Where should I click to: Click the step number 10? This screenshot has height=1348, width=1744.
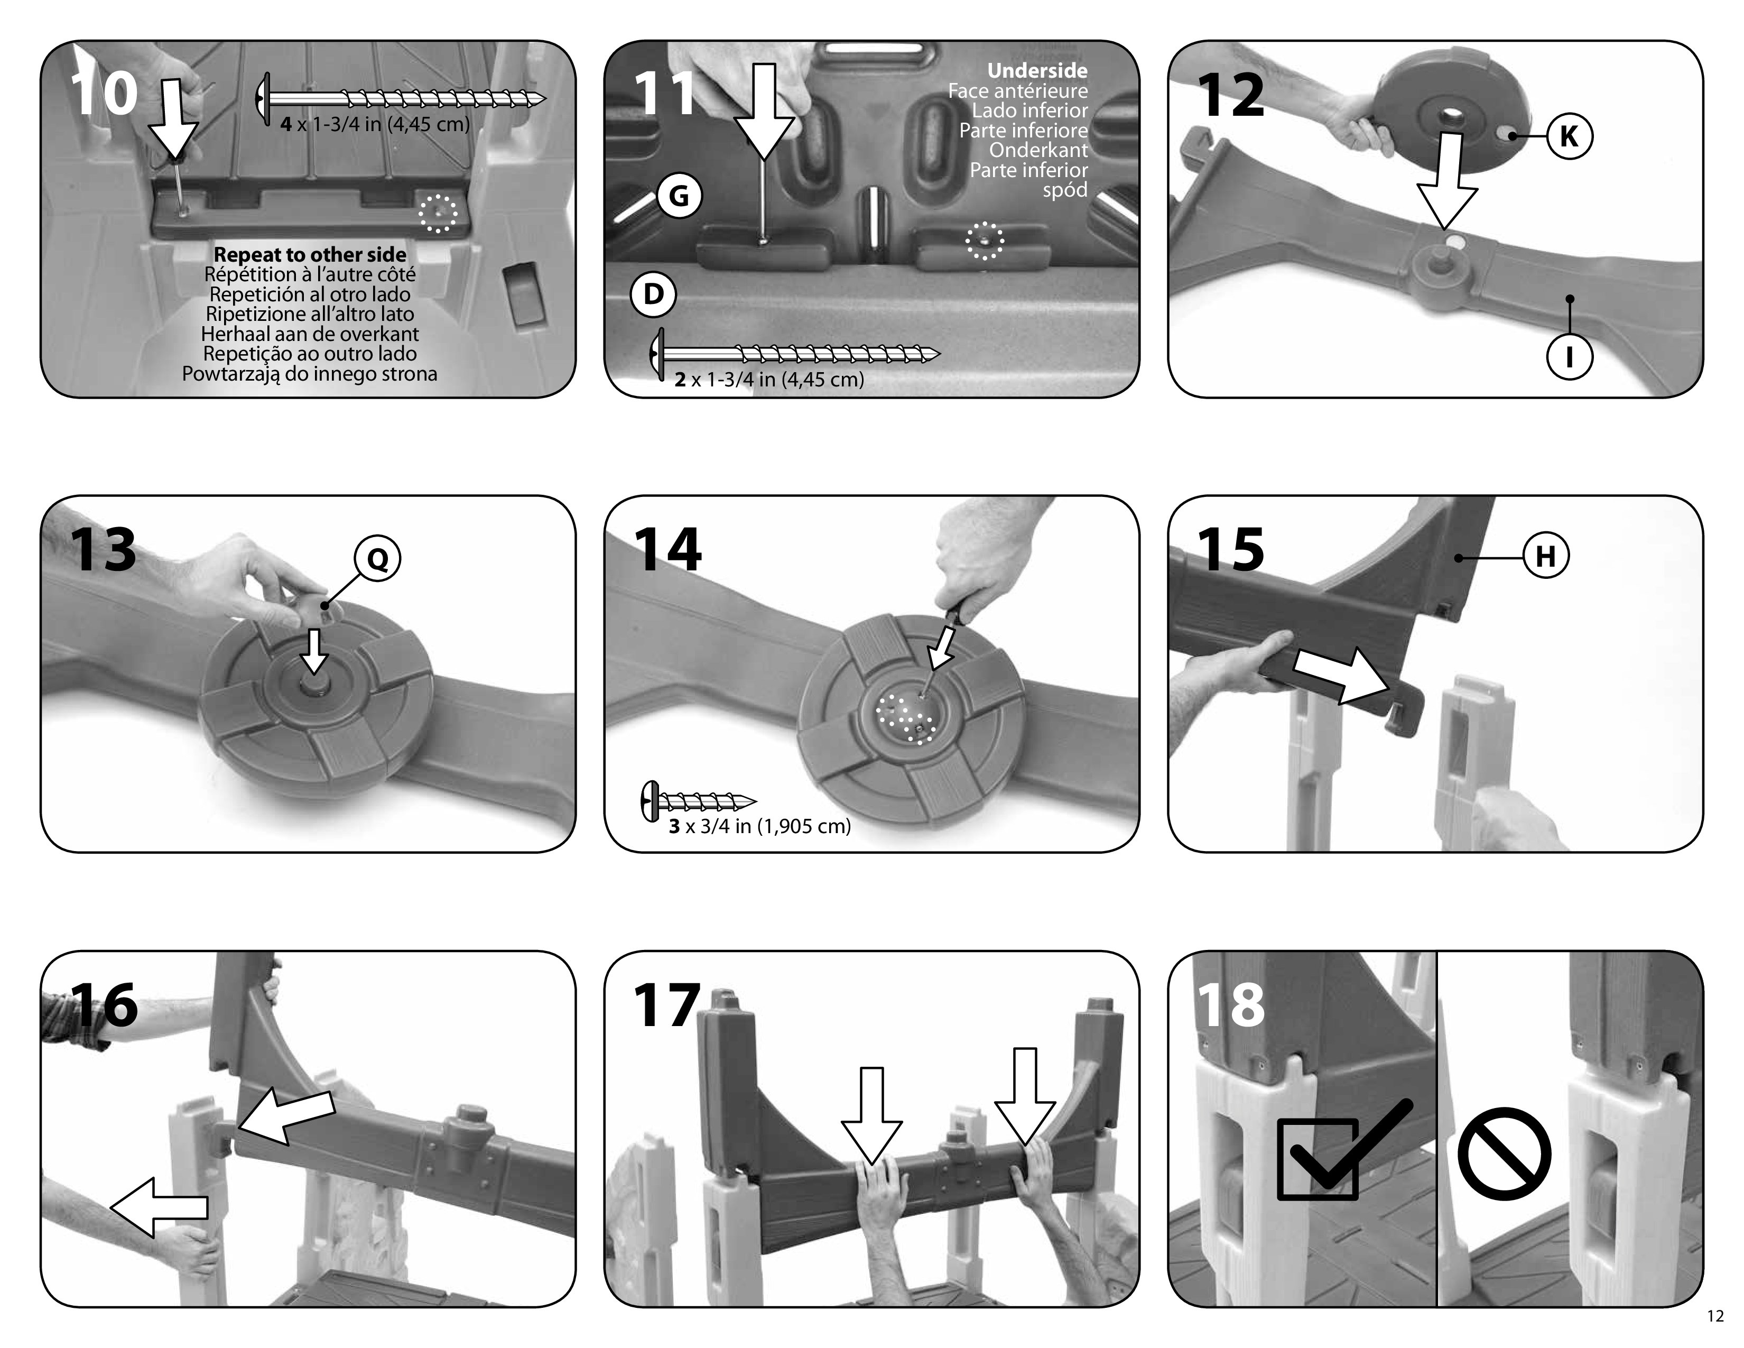tap(104, 94)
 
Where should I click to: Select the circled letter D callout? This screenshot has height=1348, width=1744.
tap(653, 294)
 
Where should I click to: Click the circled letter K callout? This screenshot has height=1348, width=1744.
tap(1569, 136)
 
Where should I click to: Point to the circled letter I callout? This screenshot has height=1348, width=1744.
tap(1569, 356)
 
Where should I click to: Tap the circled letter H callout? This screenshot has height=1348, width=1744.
tap(1546, 556)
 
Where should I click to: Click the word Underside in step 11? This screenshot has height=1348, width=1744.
tap(1037, 70)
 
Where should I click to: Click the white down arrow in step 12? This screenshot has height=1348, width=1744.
tap(1447, 180)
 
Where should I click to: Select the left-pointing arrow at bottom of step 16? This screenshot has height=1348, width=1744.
tap(159, 1207)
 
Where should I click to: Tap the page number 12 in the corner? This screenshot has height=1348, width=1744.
tap(1715, 1316)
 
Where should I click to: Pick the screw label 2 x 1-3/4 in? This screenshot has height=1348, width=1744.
tap(769, 380)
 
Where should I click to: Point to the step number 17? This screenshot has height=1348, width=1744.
tap(667, 1005)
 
